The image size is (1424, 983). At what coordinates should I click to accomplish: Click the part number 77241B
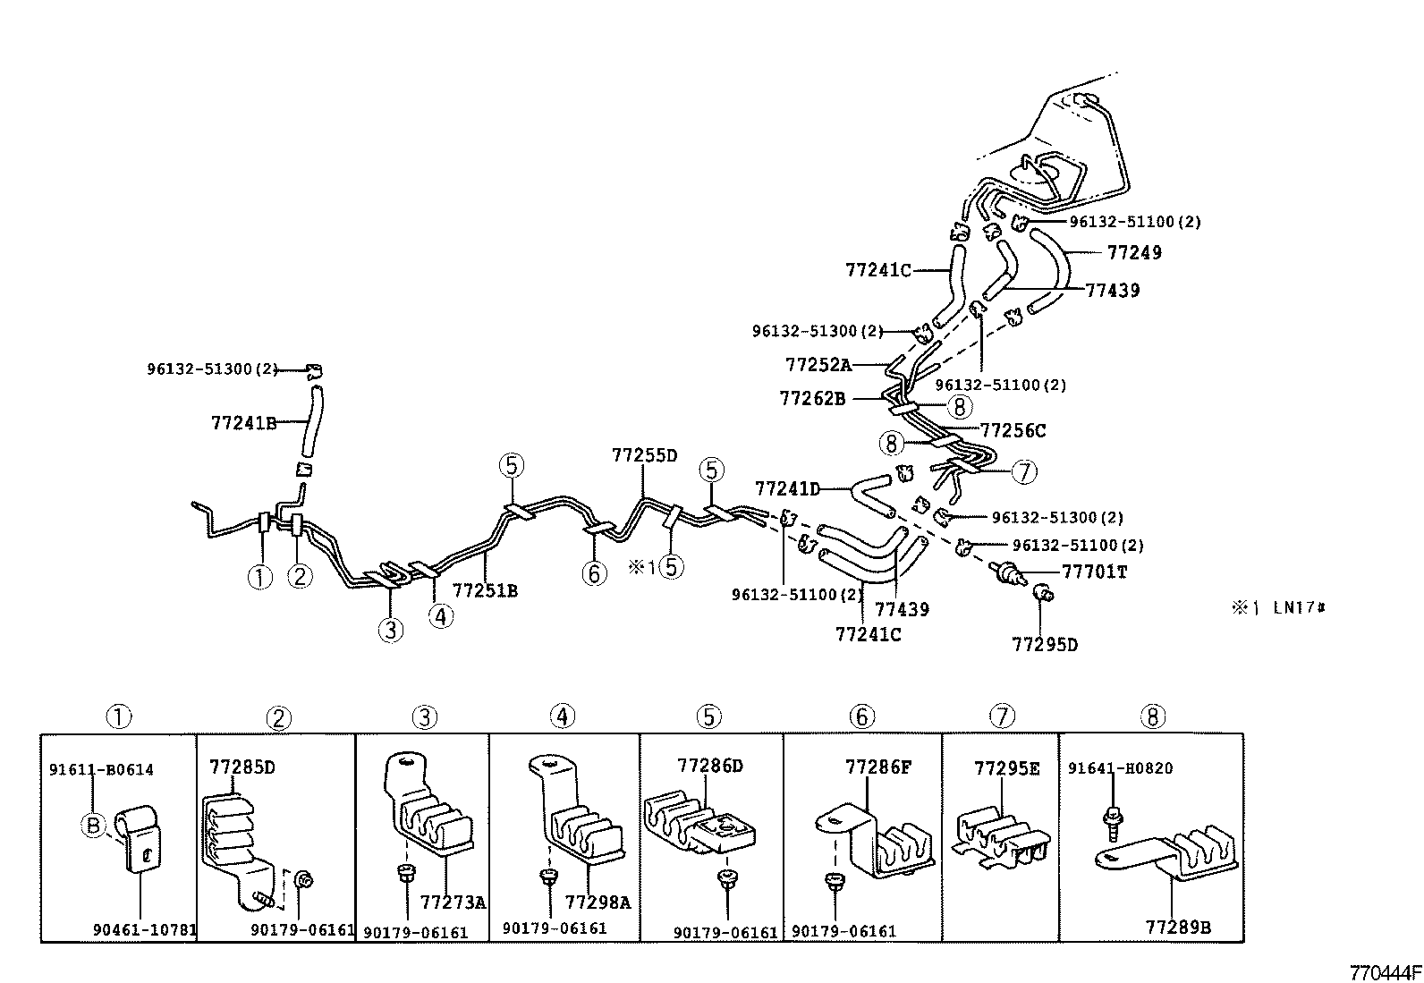coord(243,423)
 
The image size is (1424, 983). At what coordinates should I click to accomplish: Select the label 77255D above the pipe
coord(644,455)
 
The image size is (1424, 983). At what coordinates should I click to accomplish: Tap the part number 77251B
coord(485,590)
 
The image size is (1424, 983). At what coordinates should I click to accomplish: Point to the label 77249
coord(1134,253)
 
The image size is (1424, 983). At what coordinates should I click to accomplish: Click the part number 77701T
coord(1094,572)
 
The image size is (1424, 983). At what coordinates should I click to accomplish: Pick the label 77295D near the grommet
coord(1045,644)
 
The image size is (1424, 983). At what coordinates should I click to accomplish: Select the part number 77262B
coord(811,398)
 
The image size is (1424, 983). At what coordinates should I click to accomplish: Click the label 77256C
coord(1013,430)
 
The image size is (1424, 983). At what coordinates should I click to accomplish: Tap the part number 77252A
coord(818,365)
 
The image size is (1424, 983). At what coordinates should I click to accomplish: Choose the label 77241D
coord(787,489)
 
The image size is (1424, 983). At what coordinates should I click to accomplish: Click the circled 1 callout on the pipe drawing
coord(260,577)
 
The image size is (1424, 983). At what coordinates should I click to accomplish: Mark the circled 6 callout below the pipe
coord(594,573)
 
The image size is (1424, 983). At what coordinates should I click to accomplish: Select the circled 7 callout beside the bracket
coord(1023,471)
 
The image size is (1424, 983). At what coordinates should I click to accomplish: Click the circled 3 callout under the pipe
coord(390,631)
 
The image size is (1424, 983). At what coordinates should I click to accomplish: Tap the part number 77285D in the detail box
coord(242,767)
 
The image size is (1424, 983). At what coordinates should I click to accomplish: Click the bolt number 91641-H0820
coord(1120,768)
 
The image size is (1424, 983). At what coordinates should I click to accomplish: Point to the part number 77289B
coord(1178,928)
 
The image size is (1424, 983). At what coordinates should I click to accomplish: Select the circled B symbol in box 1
coord(93,826)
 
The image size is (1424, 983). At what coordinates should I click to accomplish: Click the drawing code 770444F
coord(1386,972)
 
